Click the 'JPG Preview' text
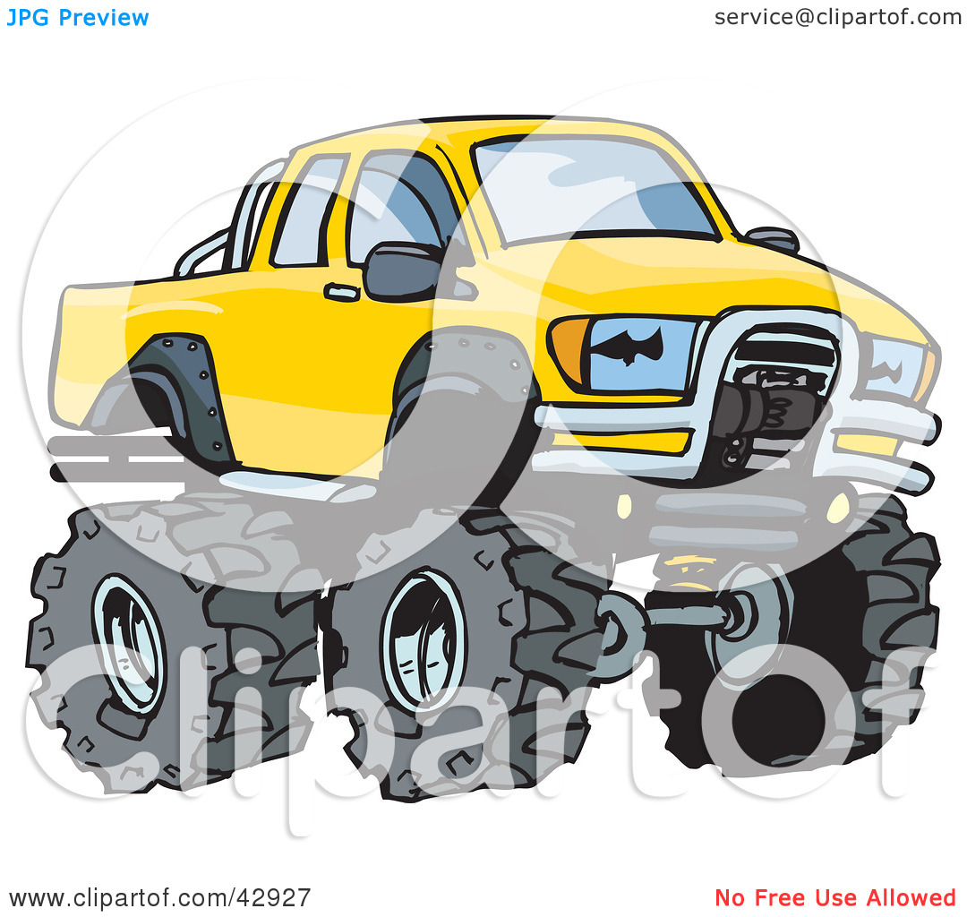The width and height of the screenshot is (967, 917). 78,18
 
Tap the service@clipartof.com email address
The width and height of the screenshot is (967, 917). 837,17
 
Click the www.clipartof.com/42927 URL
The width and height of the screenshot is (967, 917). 159,897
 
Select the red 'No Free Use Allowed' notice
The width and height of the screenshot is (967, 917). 835,897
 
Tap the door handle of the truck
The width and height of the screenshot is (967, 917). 342,292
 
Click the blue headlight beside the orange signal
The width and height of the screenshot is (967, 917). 640,354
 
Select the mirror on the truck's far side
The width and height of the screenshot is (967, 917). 772,239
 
